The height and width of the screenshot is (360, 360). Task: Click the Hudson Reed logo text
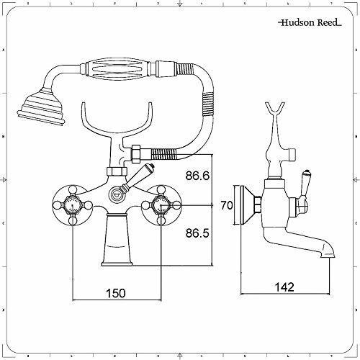pos(310,22)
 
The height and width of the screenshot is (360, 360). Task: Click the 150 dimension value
pos(116,293)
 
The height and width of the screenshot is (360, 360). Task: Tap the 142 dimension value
pos(284,287)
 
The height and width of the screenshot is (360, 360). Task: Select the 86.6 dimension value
pos(197,176)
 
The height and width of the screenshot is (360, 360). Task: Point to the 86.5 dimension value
pos(197,233)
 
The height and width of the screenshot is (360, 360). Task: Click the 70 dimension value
pos(227,205)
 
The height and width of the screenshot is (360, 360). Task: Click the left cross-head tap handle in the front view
pos(73,205)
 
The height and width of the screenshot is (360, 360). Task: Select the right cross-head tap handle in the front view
pos(161,205)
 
